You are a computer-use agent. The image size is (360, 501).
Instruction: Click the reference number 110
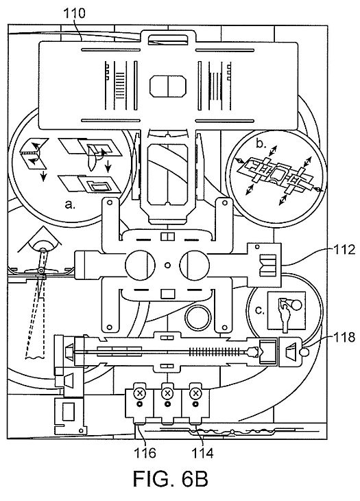click(x=74, y=14)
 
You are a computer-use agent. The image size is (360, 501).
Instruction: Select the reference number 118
click(x=344, y=337)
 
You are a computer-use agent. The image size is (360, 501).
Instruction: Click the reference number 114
click(x=202, y=452)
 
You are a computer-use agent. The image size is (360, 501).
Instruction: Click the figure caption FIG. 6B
click(x=171, y=479)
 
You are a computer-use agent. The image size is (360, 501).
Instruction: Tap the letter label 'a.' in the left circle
click(x=70, y=204)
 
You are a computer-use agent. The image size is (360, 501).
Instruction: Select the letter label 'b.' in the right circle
click(x=261, y=144)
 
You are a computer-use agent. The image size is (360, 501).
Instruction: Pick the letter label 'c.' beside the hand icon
click(x=260, y=310)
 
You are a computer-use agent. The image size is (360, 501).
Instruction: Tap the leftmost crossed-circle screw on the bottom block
click(x=139, y=393)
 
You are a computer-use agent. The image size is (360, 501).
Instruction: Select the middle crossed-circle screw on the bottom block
click(x=167, y=393)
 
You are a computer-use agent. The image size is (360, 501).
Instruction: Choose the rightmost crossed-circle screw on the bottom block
click(x=195, y=393)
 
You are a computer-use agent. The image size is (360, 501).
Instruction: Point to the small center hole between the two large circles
click(x=167, y=265)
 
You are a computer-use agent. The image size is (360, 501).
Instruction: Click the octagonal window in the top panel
click(x=168, y=86)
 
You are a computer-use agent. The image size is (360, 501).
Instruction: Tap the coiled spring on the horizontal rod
click(x=217, y=352)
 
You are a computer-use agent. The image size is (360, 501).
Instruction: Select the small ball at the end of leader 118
click(x=305, y=352)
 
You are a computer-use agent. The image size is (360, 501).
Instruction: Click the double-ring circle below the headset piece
click(x=198, y=318)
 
